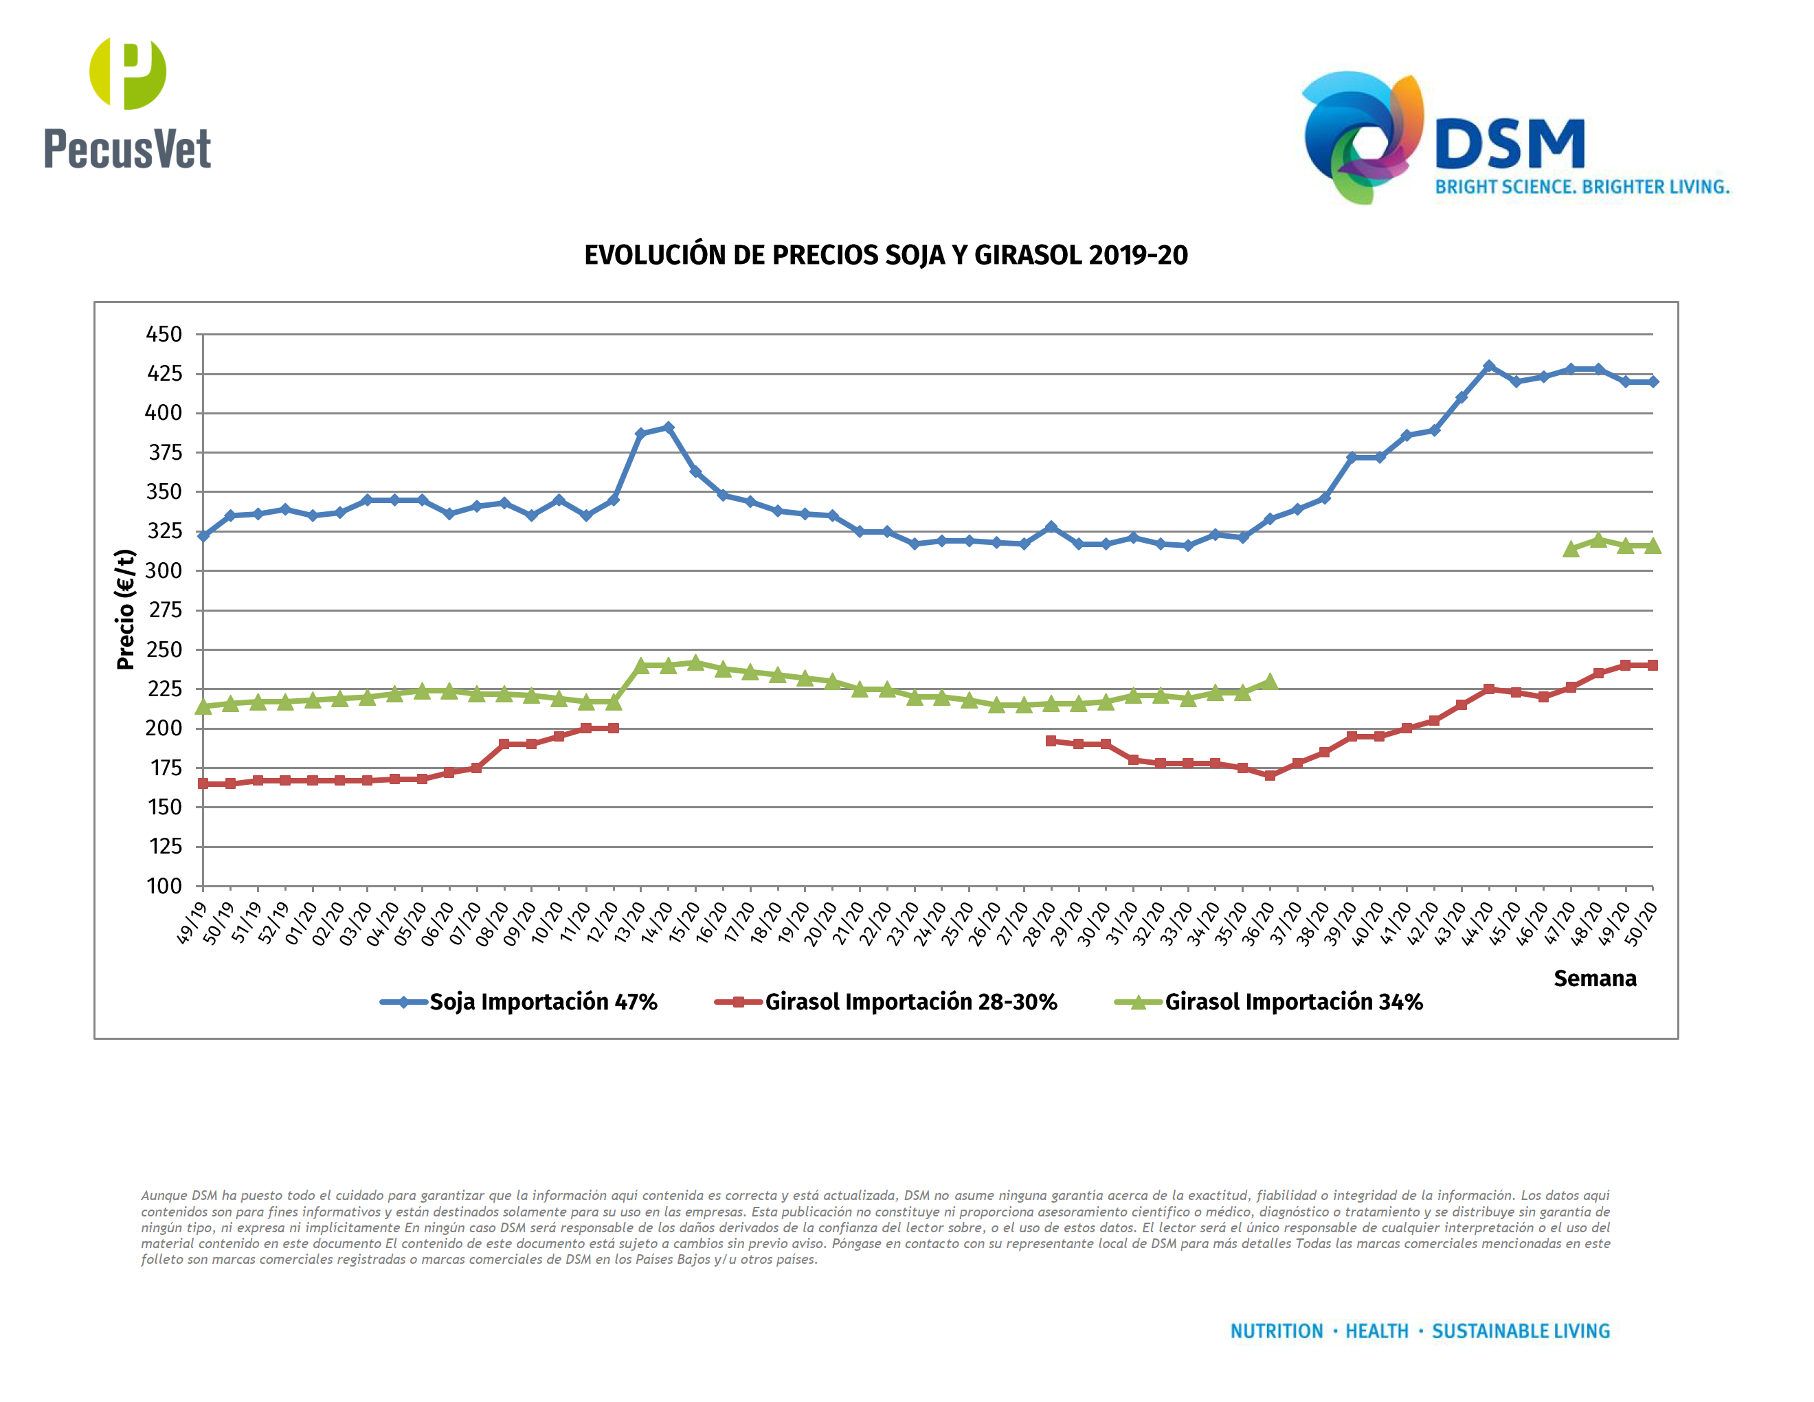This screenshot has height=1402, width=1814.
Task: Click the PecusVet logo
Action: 127,104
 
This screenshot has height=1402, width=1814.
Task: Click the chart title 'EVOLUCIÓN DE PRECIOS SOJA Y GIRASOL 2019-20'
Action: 886,255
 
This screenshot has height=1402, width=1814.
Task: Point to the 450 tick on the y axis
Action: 164,335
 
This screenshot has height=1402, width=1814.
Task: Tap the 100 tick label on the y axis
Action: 164,887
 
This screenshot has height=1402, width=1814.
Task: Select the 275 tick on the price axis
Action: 164,610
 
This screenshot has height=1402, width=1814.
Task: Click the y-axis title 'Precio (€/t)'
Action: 126,610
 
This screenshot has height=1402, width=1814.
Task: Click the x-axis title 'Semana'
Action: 1595,979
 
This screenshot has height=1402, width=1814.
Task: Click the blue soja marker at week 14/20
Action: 668,427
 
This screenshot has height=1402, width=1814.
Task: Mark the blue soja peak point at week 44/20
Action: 1488,366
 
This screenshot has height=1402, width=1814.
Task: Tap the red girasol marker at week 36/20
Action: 1270,775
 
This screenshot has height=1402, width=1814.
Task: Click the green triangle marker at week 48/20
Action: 1598,540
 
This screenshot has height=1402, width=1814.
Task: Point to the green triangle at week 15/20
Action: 695,662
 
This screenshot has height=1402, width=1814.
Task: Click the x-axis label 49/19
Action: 192,923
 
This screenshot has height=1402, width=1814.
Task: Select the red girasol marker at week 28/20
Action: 1051,741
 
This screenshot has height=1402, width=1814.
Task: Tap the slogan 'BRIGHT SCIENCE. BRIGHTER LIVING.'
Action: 1582,188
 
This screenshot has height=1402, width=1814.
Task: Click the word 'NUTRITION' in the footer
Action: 1276,1331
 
